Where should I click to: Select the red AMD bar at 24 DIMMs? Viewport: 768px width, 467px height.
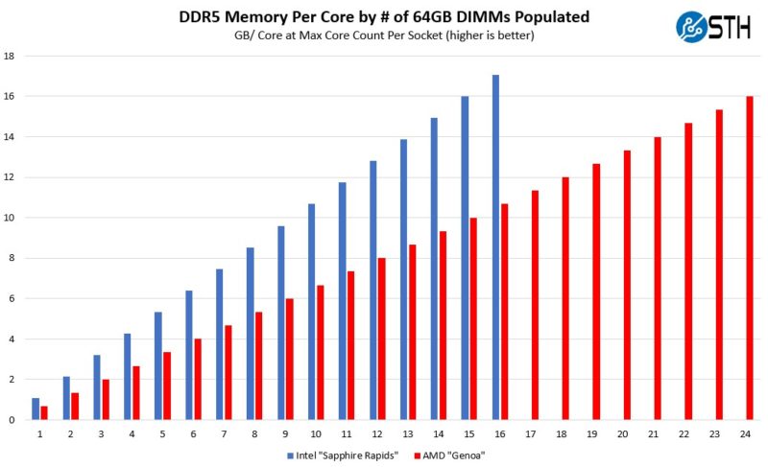click(750, 258)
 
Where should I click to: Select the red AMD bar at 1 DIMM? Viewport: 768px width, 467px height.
click(44, 413)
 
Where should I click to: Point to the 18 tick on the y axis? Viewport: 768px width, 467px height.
click(9, 57)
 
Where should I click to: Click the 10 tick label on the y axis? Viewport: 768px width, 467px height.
click(9, 218)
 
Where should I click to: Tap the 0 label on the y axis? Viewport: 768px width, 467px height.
click(11, 420)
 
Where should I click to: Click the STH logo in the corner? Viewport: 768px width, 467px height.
click(716, 26)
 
